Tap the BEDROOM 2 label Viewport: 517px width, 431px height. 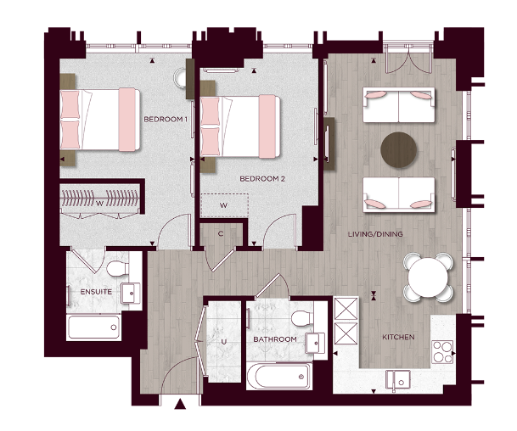[x=261, y=179]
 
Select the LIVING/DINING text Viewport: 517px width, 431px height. [x=375, y=234]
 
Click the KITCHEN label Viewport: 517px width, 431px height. [x=398, y=338]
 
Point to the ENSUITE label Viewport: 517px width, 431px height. [x=86, y=293]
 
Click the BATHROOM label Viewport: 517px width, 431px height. [x=274, y=340]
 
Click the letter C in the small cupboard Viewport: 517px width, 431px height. [x=220, y=233]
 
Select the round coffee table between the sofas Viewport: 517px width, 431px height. [x=399, y=149]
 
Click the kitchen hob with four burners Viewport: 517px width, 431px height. [x=444, y=350]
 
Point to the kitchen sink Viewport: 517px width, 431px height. [x=397, y=378]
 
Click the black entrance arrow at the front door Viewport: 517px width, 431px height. [x=179, y=406]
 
